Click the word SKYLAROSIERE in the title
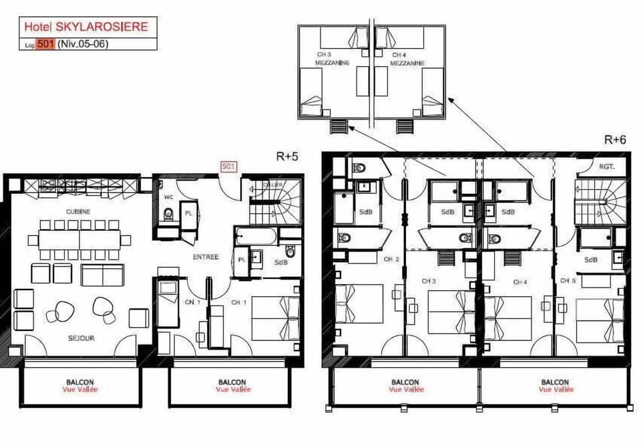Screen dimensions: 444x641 102,27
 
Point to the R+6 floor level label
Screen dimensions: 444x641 615,140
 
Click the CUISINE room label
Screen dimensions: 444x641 78,211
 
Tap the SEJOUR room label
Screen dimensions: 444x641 81,338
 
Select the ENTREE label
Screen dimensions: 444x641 206,257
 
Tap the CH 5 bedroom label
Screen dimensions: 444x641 568,280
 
